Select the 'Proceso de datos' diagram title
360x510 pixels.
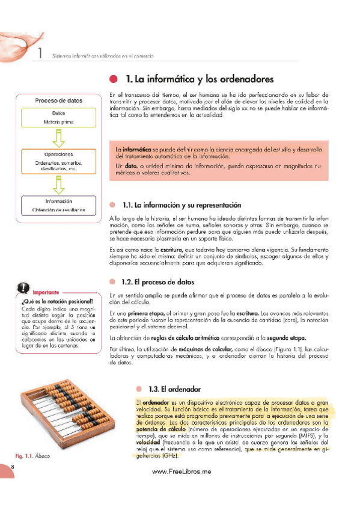(58, 101)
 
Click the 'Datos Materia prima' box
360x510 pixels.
(58, 117)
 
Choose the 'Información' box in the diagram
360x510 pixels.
(58, 205)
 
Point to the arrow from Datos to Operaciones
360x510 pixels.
(58, 139)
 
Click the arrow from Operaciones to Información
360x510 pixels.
(58, 183)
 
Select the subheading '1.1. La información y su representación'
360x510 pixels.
(173, 205)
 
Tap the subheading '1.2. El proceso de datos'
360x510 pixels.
(157, 281)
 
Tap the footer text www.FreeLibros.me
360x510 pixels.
(181, 472)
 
